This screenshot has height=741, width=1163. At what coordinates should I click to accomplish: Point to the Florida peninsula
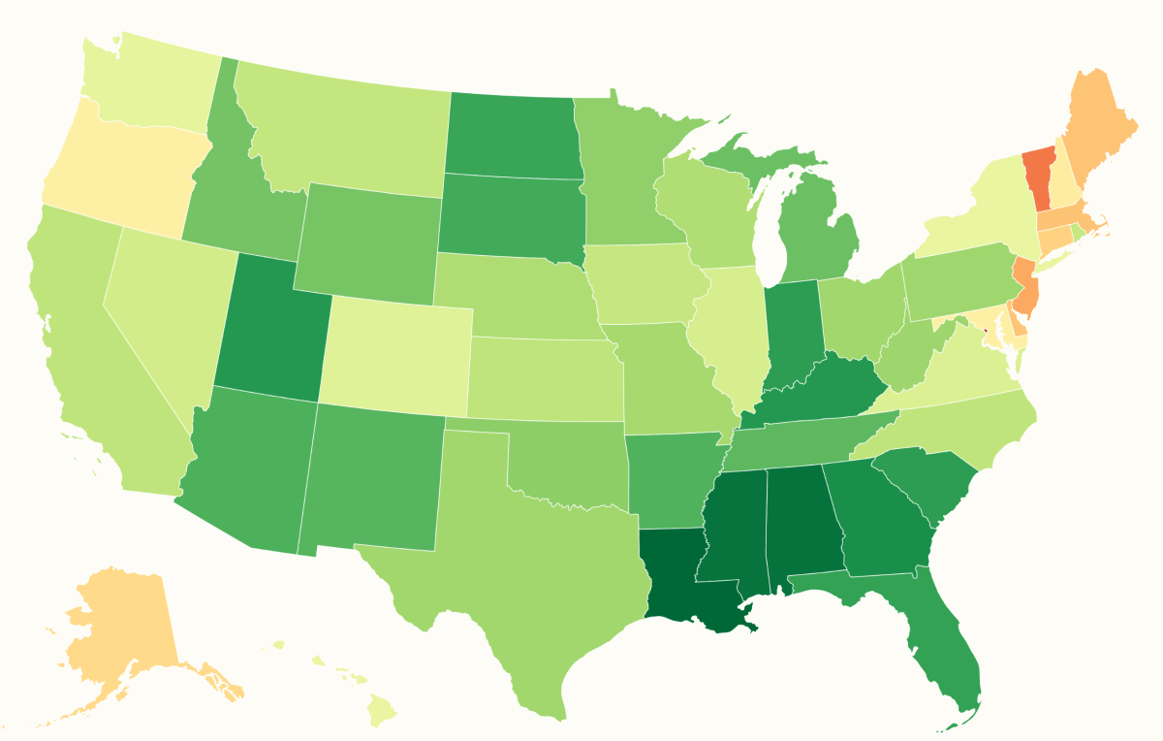click(945, 640)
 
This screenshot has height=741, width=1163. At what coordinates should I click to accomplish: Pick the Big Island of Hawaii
click(383, 714)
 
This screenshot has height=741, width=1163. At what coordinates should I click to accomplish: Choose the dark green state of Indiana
click(793, 335)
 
